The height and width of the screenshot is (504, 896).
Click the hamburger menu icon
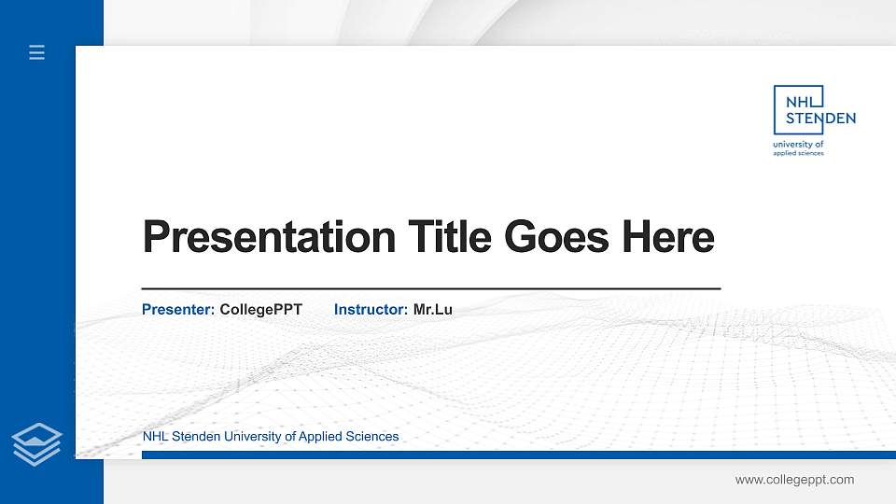pyautogui.click(x=37, y=52)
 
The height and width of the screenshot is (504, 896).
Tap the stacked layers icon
pyautogui.click(x=37, y=443)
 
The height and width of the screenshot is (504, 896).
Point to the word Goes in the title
pyautogui.click(x=555, y=236)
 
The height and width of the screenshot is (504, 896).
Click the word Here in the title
pyautogui.click(x=668, y=236)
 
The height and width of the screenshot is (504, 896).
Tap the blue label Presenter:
pyautogui.click(x=178, y=309)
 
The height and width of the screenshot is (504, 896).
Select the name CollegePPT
pyautogui.click(x=261, y=309)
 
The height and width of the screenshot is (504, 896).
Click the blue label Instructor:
pyautogui.click(x=371, y=309)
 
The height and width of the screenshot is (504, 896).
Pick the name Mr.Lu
pyautogui.click(x=433, y=309)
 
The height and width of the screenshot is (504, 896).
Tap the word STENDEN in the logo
pyautogui.click(x=820, y=119)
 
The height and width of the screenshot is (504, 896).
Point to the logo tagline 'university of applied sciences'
pyautogui.click(x=799, y=148)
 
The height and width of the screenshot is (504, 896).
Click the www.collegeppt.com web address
pyautogui.click(x=794, y=480)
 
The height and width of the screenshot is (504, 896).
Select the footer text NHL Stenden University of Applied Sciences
pyautogui.click(x=271, y=436)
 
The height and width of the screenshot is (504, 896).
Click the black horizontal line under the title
pyautogui.click(x=430, y=289)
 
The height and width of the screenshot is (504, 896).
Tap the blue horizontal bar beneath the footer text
pyautogui.click(x=518, y=455)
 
